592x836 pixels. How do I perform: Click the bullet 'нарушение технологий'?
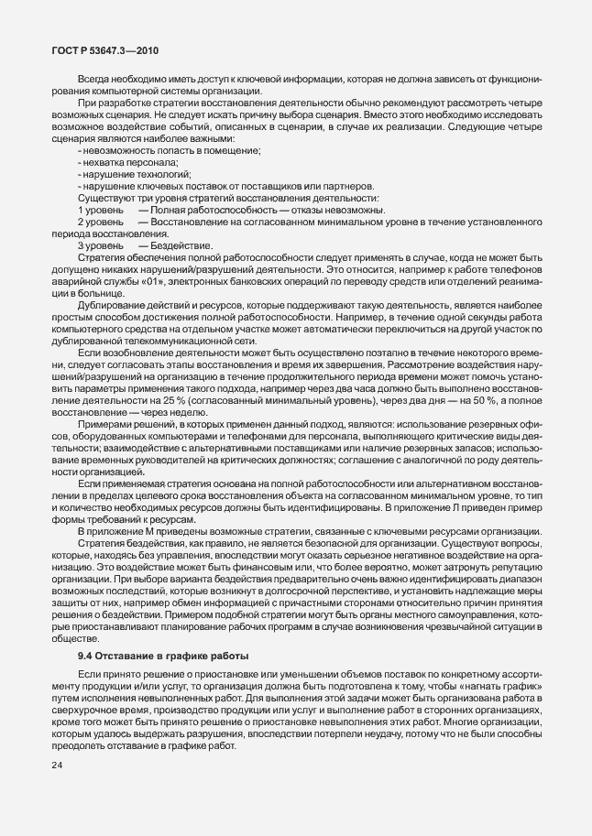click(x=123, y=174)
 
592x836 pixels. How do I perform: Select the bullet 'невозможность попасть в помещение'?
click(x=170, y=150)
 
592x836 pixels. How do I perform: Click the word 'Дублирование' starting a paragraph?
click(x=108, y=306)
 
